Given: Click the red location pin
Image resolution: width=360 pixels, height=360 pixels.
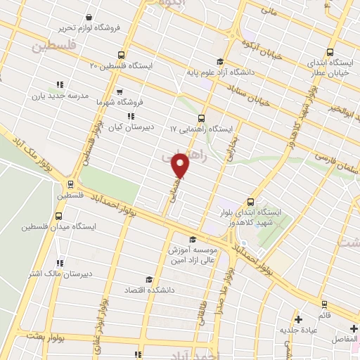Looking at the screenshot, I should (181, 165).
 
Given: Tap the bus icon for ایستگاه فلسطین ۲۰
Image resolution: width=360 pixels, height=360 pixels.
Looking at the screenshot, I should (122, 55).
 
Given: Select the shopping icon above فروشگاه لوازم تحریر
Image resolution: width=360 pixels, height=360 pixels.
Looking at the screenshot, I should (89, 17).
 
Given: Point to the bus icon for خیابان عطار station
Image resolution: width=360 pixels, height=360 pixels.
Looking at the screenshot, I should (333, 52).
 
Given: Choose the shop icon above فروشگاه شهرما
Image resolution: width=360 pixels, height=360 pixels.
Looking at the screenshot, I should (120, 91).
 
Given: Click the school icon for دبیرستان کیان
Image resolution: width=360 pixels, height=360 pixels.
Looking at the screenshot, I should (131, 116).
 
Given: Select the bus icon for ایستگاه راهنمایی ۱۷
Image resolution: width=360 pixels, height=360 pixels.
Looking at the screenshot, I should (202, 118).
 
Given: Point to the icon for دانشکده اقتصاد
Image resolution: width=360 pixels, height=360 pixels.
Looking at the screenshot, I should (147, 280).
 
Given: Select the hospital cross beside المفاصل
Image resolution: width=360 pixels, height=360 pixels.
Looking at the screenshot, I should (352, 328).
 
